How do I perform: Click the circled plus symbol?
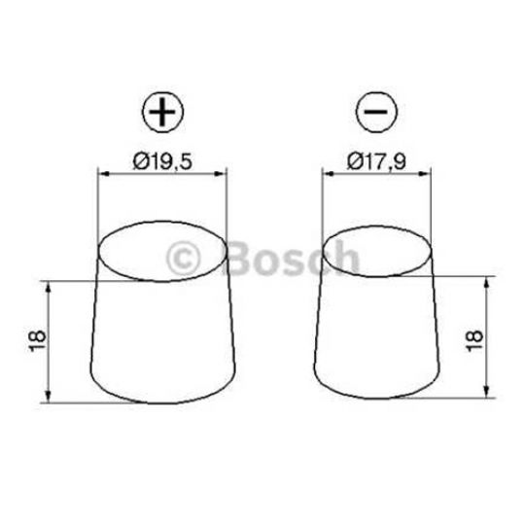click(163, 111)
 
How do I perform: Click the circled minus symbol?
click(376, 111)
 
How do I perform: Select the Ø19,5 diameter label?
click(162, 161)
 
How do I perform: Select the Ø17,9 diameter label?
click(376, 161)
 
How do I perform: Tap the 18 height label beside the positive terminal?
click(38, 341)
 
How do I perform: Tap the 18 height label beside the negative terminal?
click(473, 341)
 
